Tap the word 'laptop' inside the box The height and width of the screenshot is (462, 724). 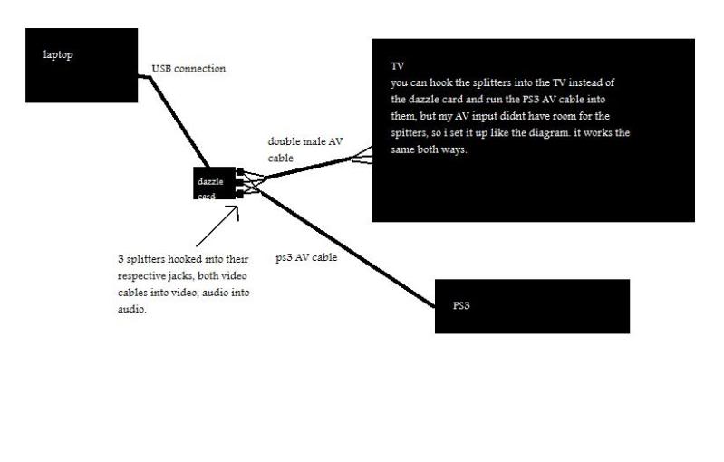pyautogui.click(x=58, y=54)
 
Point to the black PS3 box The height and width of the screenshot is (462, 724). pyautogui.click(x=531, y=306)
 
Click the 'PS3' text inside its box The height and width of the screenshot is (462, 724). pyautogui.click(x=462, y=305)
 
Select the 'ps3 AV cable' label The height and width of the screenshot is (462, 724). pyautogui.click(x=306, y=257)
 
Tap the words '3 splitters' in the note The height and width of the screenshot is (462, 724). pyautogui.click(x=140, y=260)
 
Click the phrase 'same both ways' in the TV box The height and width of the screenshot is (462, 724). pyautogui.click(x=426, y=150)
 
